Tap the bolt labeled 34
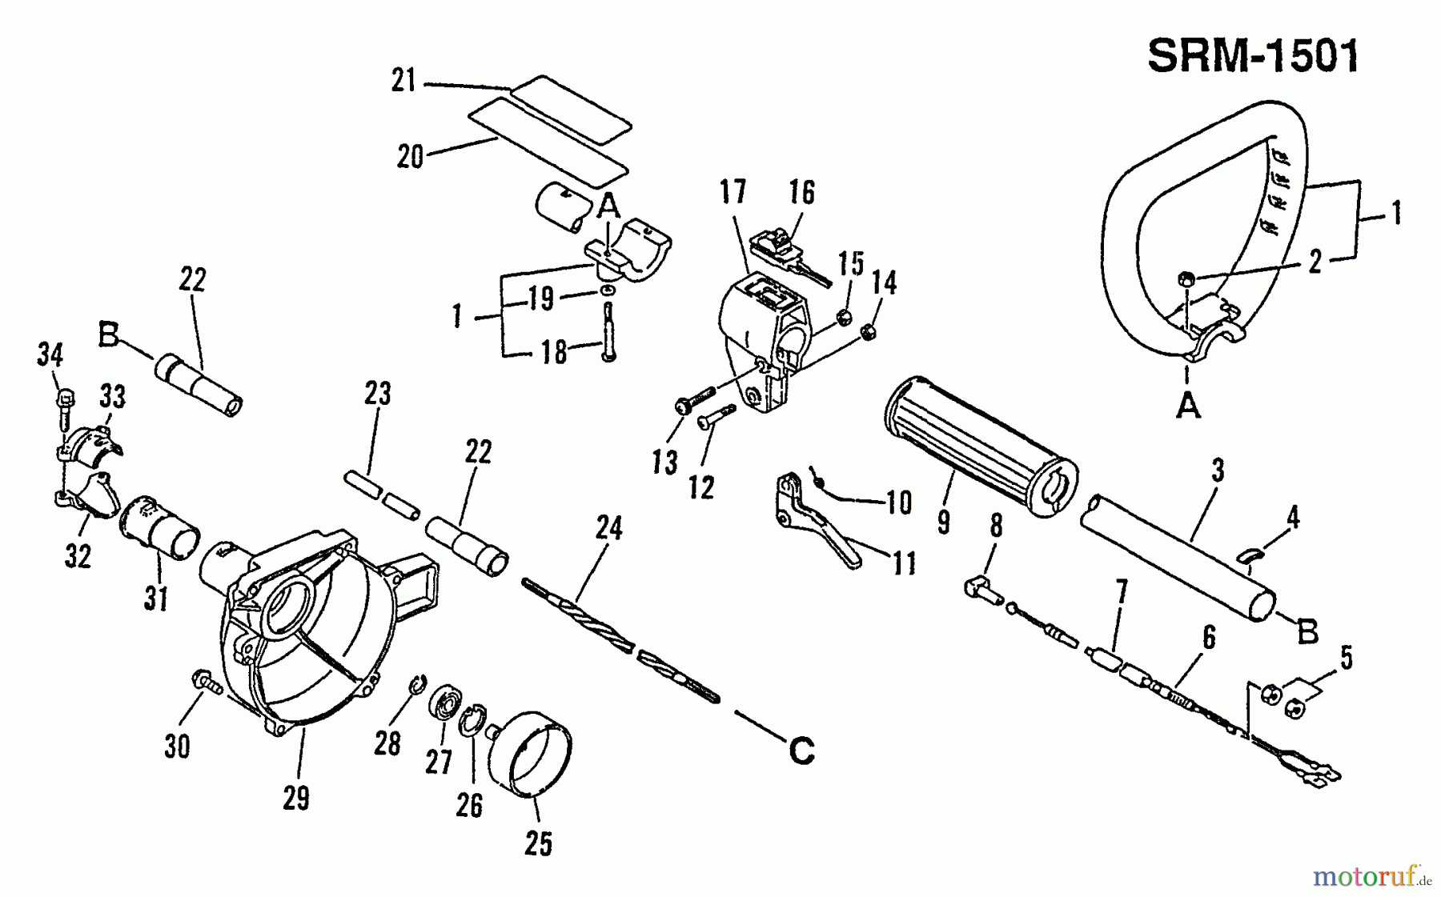[65, 408]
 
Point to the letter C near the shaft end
[801, 751]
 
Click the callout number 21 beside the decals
[404, 81]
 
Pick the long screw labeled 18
[608, 332]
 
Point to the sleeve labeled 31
[158, 528]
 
